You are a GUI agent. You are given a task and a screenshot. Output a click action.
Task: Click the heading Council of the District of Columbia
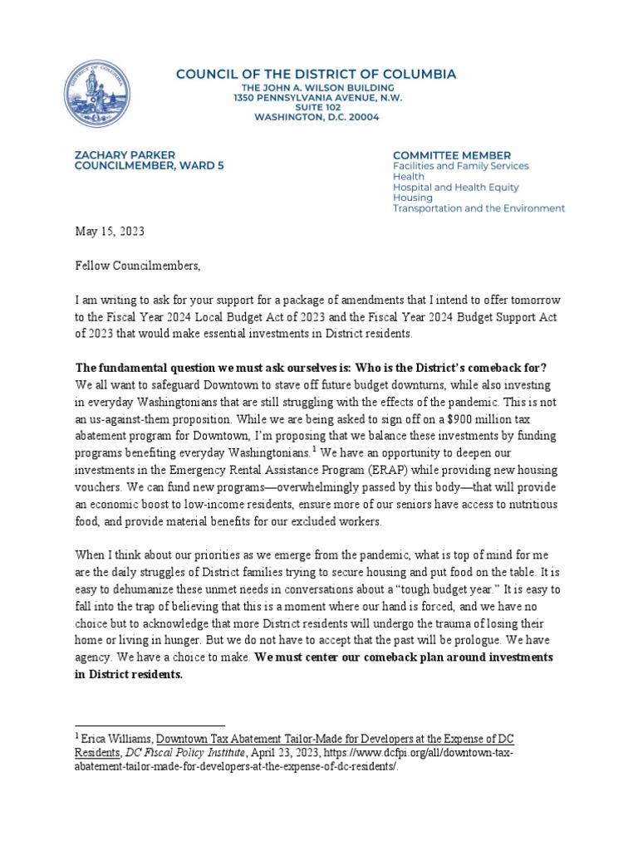316,75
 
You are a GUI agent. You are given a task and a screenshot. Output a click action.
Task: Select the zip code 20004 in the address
361,118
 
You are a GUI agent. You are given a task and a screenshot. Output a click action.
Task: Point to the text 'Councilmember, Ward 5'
138,165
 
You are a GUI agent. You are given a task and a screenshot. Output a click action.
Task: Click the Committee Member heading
451,154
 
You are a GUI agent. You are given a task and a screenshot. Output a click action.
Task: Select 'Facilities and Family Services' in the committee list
460,166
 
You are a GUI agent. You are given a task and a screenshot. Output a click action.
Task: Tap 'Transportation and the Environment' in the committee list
478,208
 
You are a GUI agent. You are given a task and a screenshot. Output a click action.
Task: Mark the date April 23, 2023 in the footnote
278,752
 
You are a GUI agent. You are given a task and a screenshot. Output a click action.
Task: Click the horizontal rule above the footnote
150,725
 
